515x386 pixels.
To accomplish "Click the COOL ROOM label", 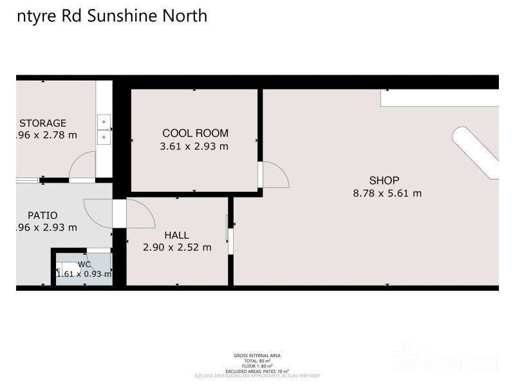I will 195,133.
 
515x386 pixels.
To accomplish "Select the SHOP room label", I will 384,180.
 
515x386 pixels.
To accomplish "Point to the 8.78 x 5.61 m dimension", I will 387,193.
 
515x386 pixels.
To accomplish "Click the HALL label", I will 176,235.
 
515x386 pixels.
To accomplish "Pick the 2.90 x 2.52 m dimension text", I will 176,247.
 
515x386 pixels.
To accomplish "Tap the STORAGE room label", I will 42,123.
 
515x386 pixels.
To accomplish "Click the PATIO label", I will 42,215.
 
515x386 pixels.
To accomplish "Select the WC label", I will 84,264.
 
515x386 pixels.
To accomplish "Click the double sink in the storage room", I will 104,129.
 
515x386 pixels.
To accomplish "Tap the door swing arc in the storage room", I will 81,167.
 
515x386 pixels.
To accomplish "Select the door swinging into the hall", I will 141,214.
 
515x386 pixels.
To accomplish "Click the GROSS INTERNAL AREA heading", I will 257,355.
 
